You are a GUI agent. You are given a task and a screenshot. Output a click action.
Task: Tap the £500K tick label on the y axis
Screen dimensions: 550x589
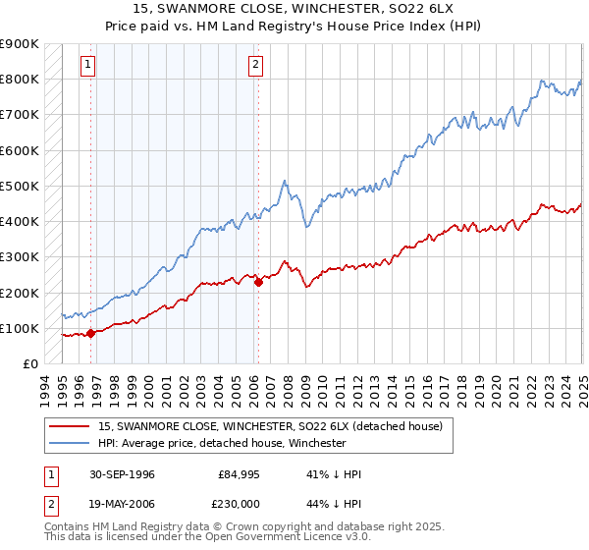(x=20, y=186)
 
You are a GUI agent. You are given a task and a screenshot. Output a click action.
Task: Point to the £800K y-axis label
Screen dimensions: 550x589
(x=20, y=79)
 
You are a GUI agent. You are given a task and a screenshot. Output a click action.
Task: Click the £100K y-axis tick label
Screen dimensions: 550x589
(x=20, y=328)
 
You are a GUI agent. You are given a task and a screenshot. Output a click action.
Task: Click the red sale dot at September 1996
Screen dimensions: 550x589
(x=91, y=333)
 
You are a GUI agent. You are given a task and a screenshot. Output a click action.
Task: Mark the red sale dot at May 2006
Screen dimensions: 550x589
(x=258, y=282)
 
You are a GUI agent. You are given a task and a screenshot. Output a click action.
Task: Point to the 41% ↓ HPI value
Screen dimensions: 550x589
(x=334, y=474)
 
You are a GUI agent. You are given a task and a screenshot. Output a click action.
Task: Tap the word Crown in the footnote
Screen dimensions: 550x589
(x=231, y=526)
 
